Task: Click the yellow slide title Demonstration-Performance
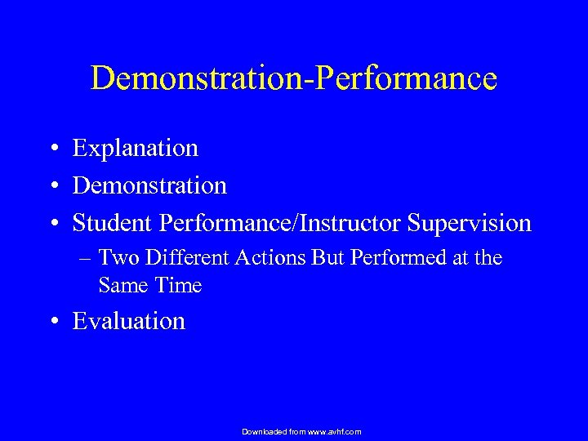pos(293,78)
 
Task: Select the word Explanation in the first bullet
pos(135,148)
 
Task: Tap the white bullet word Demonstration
pos(149,185)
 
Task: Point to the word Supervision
pos(468,223)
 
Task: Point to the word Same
pos(120,285)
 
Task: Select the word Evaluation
pos(129,322)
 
